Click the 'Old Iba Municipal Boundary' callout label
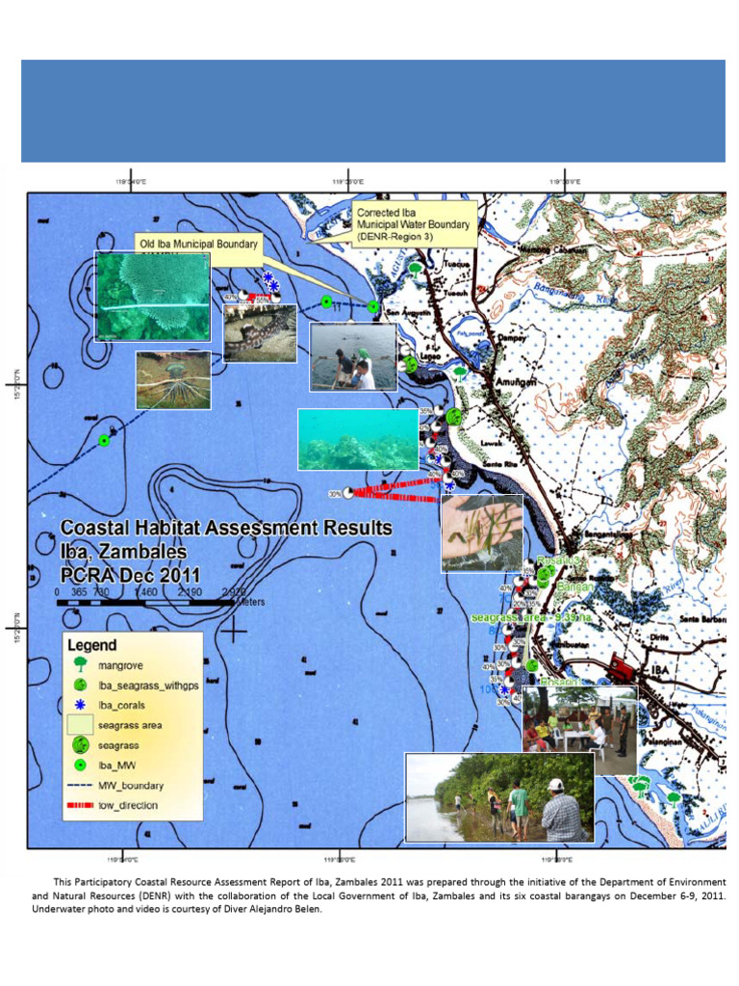(197, 245)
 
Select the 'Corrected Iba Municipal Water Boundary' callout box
(412, 224)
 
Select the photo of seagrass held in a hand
(481, 533)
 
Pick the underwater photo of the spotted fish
(260, 333)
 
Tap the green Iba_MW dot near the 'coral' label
(105, 440)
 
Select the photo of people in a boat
(353, 356)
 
